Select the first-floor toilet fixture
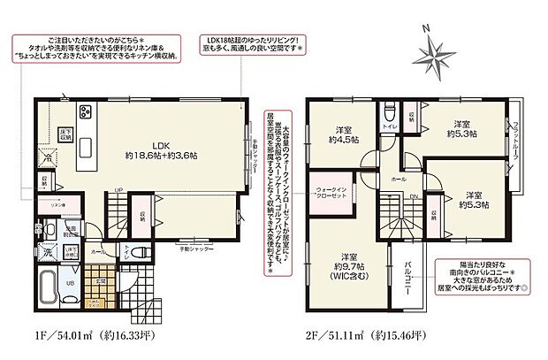click(x=129, y=250)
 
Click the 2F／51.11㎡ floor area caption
click(x=364, y=334)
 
